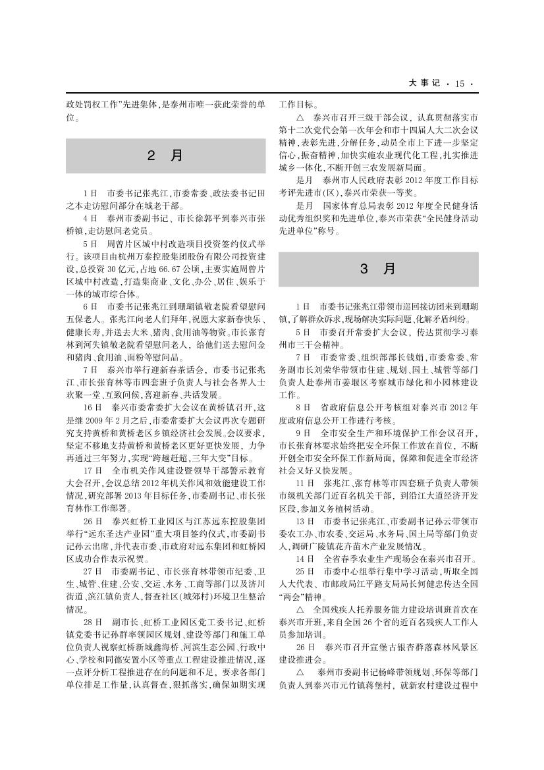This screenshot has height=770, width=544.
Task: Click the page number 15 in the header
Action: (459, 83)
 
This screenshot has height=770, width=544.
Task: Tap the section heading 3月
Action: (378, 269)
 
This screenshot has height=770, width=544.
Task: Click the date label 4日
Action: (90, 218)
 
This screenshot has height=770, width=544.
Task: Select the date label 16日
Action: (92, 407)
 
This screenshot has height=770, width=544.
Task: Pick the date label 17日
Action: (92, 470)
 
